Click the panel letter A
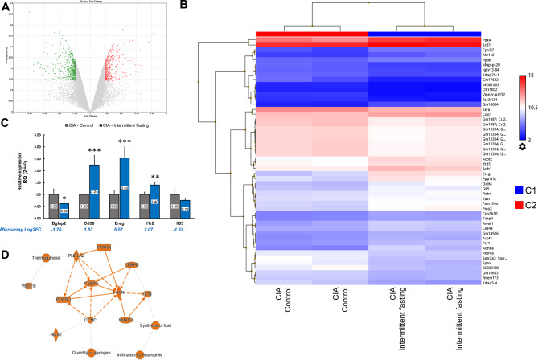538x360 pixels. coord(6,7)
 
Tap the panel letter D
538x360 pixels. coord(6,256)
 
